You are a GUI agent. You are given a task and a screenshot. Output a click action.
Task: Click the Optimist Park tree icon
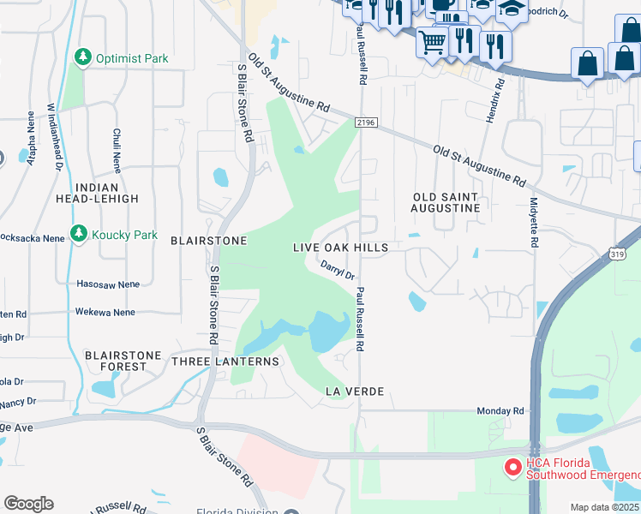pyautogui.click(x=83, y=58)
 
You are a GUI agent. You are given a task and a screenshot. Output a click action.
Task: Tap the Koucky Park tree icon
pyautogui.click(x=79, y=234)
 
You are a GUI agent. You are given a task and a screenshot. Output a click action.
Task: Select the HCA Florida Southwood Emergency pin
pyautogui.click(x=512, y=468)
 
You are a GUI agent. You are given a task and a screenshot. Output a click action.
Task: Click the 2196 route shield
pyautogui.click(x=367, y=123)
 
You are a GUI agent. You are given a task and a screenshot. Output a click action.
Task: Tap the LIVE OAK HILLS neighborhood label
pyautogui.click(x=340, y=248)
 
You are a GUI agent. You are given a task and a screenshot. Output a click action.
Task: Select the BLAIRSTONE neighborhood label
pyautogui.click(x=208, y=241)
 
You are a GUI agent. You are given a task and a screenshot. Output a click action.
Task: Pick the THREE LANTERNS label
pyautogui.click(x=225, y=362)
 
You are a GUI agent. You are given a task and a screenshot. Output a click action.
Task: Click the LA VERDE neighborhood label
pyautogui.click(x=352, y=391)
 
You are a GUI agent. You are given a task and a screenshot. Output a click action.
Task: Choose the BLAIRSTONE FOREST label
pyautogui.click(x=116, y=360)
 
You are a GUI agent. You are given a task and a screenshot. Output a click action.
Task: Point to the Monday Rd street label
pyautogui.click(x=500, y=411)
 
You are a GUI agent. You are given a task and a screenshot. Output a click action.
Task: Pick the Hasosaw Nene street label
pyautogui.click(x=107, y=284)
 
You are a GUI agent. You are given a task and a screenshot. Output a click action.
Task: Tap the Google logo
pyautogui.click(x=28, y=504)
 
